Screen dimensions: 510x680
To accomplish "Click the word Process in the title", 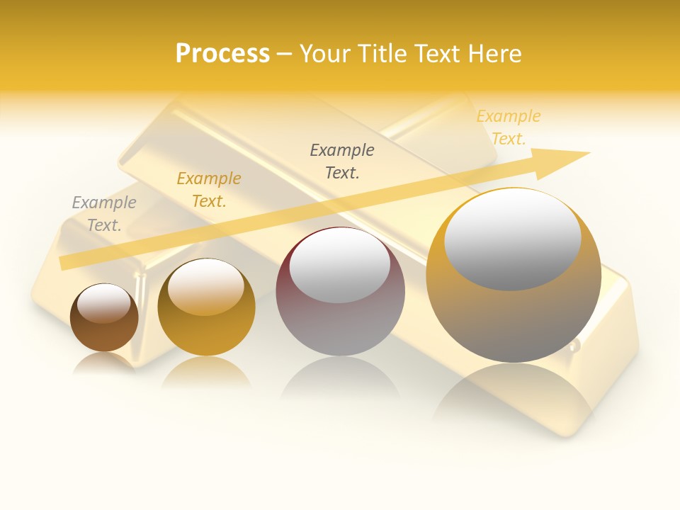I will click(222, 54).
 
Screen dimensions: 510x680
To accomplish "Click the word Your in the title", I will click(326, 54).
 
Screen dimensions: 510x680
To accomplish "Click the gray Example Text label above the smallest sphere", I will click(104, 214).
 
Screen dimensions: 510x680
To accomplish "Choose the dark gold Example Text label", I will click(209, 190).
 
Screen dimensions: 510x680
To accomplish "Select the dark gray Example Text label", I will click(342, 161).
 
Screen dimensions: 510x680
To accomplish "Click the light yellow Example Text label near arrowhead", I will click(508, 127).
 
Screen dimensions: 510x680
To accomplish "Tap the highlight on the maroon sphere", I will click(340, 266).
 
